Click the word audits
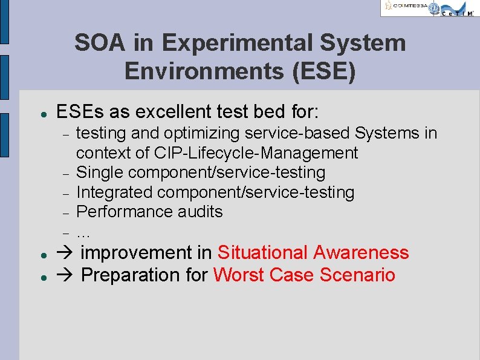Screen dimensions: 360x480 pos(199,212)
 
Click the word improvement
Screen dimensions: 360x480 pos(146,252)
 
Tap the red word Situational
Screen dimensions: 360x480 pos(263,252)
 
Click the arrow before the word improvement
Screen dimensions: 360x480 pos(65,253)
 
